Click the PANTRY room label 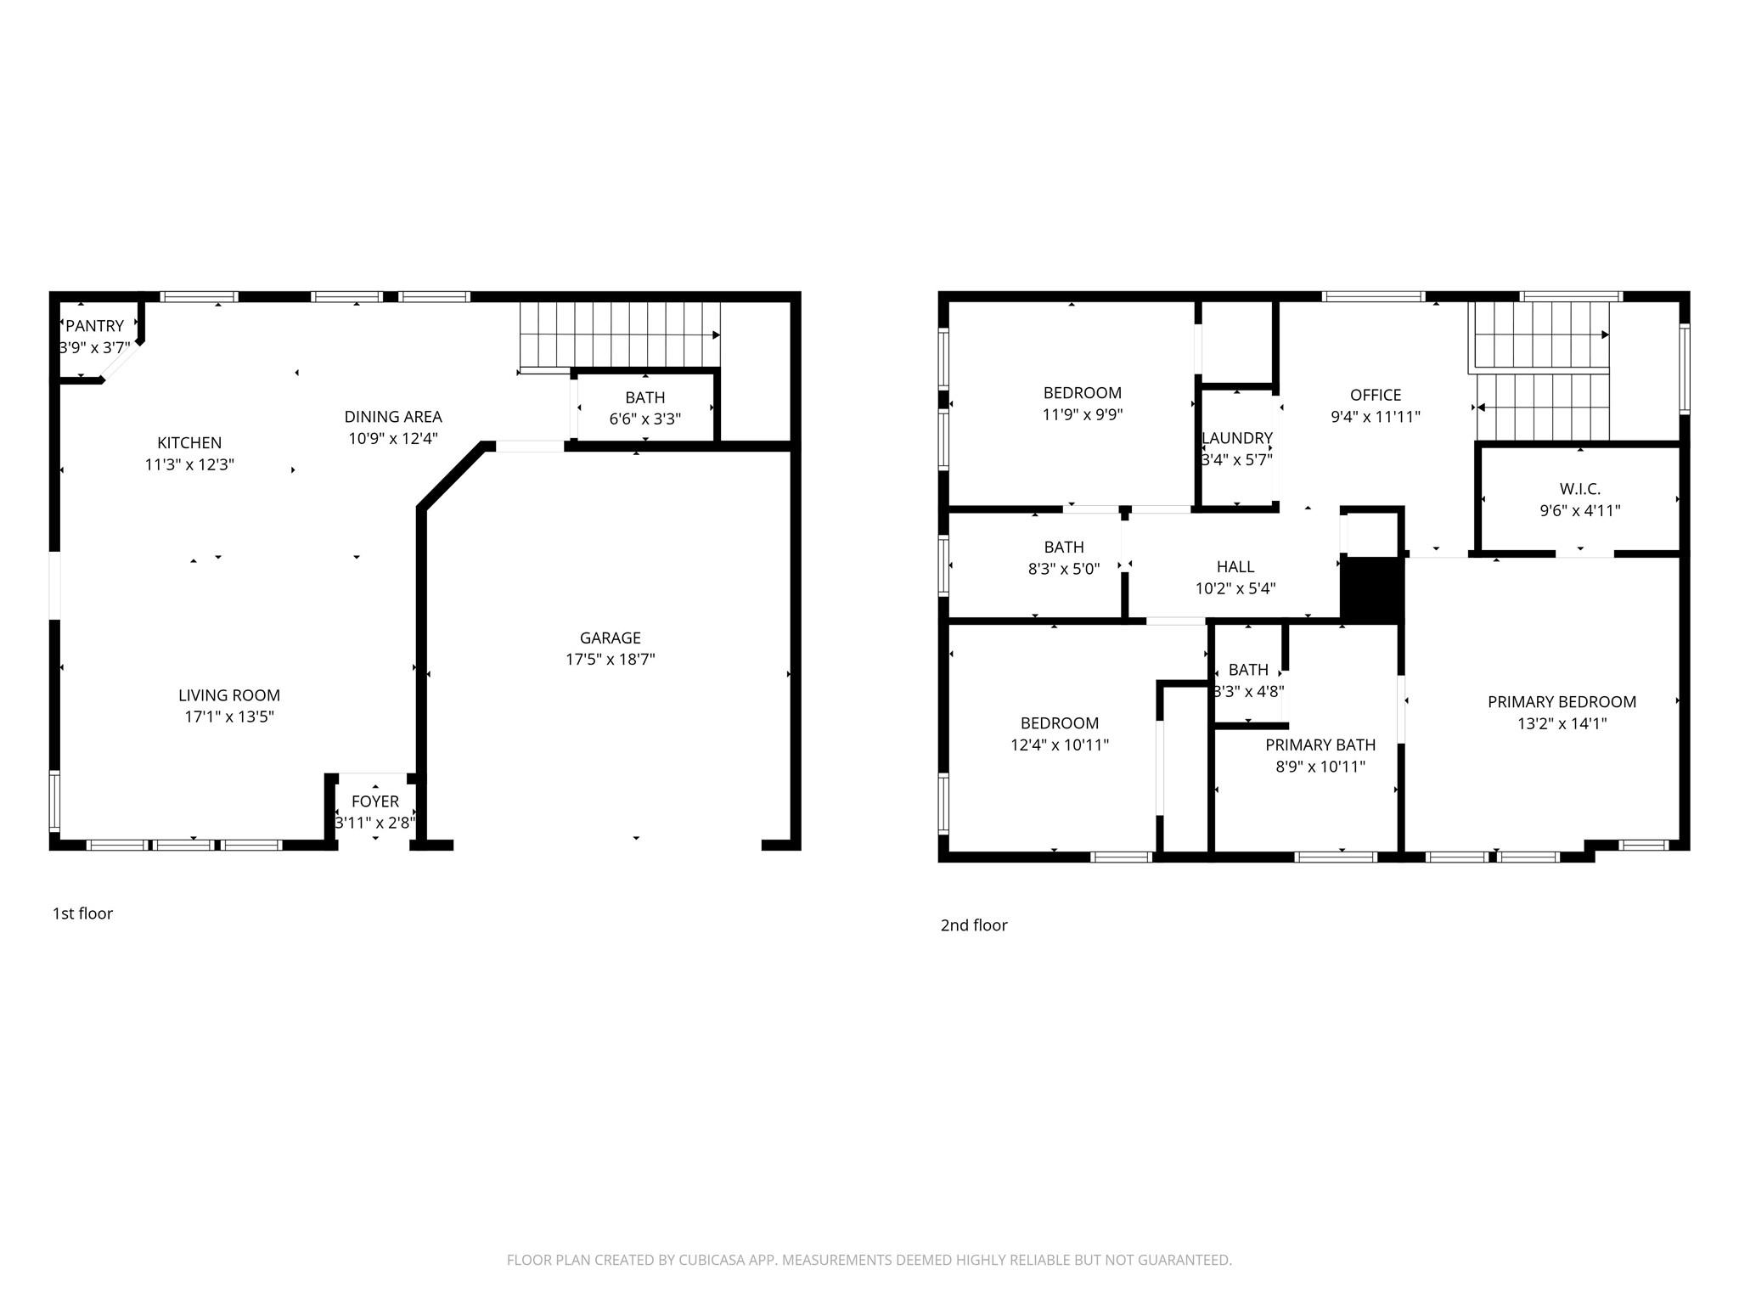pyautogui.click(x=94, y=326)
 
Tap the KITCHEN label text pyautogui.click(x=189, y=442)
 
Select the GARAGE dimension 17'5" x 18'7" pyautogui.click(x=610, y=660)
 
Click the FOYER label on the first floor pyautogui.click(x=374, y=801)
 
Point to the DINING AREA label pyautogui.click(x=392, y=417)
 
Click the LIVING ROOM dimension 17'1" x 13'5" pyautogui.click(x=229, y=717)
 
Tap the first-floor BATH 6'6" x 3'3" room pyautogui.click(x=644, y=408)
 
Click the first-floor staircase pyautogui.click(x=620, y=334)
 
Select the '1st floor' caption pyautogui.click(x=82, y=913)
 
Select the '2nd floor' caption pyautogui.click(x=973, y=925)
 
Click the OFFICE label pyautogui.click(x=1375, y=395)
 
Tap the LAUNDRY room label pyautogui.click(x=1236, y=438)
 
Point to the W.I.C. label pyautogui.click(x=1579, y=489)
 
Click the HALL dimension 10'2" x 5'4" pyautogui.click(x=1235, y=588)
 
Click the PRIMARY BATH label pyautogui.click(x=1320, y=745)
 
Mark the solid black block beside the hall pyautogui.click(x=1370, y=589)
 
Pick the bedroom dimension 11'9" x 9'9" pyautogui.click(x=1082, y=415)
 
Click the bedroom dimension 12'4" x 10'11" pyautogui.click(x=1059, y=745)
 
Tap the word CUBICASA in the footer pyautogui.click(x=711, y=1260)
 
